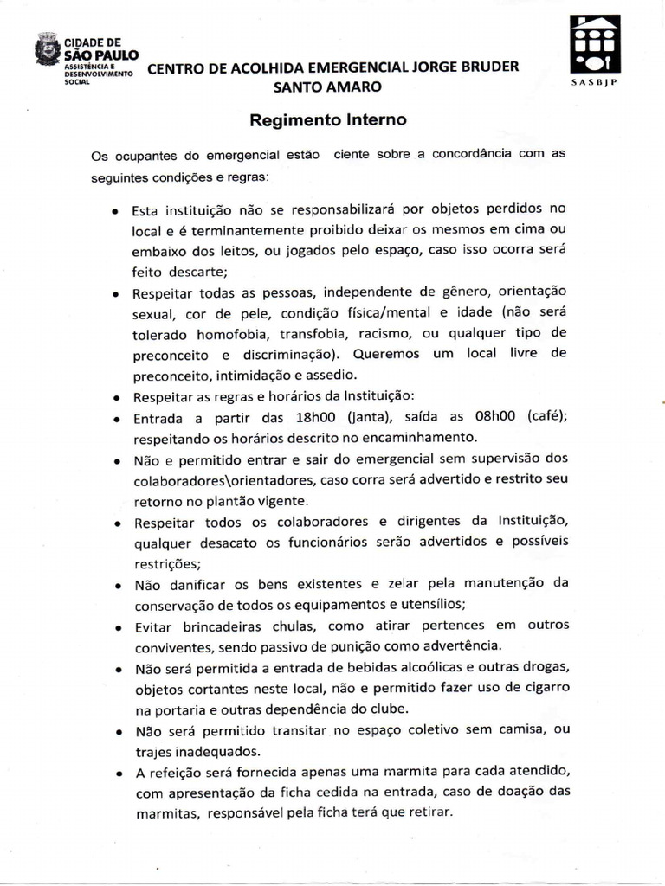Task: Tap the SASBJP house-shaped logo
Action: coord(594,44)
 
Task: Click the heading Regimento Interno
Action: coord(327,121)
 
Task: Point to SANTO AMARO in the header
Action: coord(326,87)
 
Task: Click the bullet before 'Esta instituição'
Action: coord(115,210)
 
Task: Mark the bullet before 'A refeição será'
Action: coord(115,772)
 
